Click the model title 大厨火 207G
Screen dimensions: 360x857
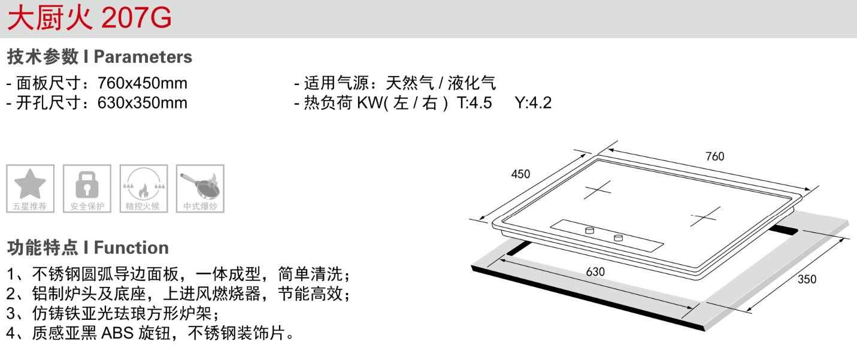(89, 18)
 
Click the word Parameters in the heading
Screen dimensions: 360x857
(143, 57)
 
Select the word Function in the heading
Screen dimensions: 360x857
(131, 247)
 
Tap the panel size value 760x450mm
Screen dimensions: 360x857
(142, 83)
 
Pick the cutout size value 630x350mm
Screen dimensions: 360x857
(142, 103)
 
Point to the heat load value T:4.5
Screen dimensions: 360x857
(474, 103)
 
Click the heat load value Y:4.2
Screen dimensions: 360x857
(533, 103)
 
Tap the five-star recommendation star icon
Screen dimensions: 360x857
(30, 184)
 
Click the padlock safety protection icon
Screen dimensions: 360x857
(87, 184)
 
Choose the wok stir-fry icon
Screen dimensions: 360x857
(200, 184)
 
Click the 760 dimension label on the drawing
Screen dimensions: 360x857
(714, 156)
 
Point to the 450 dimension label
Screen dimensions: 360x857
(520, 174)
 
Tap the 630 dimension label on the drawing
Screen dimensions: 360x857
(595, 271)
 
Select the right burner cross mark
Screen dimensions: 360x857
(704, 216)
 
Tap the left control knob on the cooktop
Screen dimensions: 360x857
(589, 229)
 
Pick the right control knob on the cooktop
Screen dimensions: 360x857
(618, 238)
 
